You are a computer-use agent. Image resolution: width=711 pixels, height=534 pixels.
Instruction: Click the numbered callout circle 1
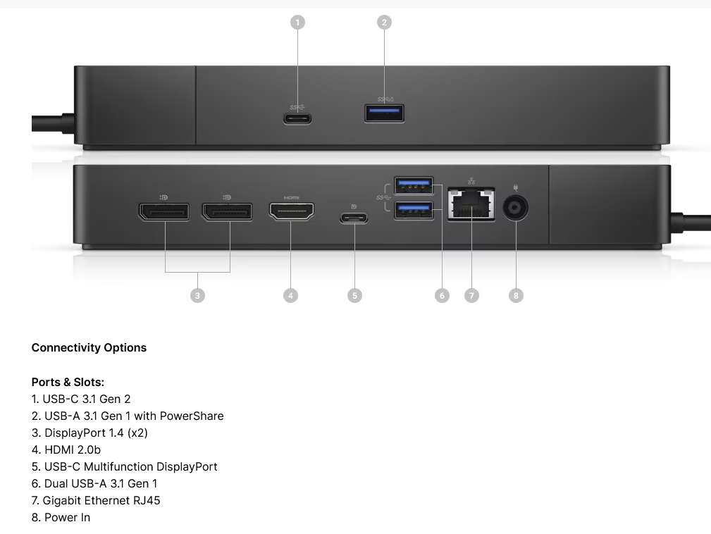pyautogui.click(x=297, y=23)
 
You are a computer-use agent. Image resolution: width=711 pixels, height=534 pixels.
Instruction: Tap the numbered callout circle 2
pyautogui.click(x=384, y=23)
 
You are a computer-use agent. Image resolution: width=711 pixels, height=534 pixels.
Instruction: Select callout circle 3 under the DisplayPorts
pyautogui.click(x=197, y=295)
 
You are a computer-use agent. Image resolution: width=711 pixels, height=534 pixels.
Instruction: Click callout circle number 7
pyautogui.click(x=471, y=295)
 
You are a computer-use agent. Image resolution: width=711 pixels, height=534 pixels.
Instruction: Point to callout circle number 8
pyautogui.click(x=516, y=295)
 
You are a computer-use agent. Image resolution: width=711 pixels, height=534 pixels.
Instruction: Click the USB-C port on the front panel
pyautogui.click(x=298, y=118)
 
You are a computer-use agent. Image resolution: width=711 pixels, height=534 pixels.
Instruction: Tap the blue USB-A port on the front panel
pyautogui.click(x=385, y=113)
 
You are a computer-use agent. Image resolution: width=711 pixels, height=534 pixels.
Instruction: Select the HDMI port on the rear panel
pyautogui.click(x=291, y=211)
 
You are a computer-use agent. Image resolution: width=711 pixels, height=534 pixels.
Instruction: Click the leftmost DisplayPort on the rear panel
pyautogui.click(x=163, y=211)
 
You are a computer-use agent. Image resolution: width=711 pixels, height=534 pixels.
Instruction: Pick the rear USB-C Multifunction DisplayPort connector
pyautogui.click(x=354, y=218)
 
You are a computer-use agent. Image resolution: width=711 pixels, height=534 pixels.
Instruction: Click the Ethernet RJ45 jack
pyautogui.click(x=471, y=205)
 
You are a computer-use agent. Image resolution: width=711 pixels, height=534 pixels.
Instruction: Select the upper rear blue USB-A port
pyautogui.click(x=414, y=185)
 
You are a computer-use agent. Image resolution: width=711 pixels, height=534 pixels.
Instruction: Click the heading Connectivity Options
pyautogui.click(x=89, y=348)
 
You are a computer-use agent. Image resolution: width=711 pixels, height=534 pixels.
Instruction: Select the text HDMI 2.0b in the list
pyautogui.click(x=73, y=449)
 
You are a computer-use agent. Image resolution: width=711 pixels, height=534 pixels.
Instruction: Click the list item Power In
pyautogui.click(x=67, y=517)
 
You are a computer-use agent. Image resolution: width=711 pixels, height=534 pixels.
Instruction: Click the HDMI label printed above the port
pyautogui.click(x=291, y=198)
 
